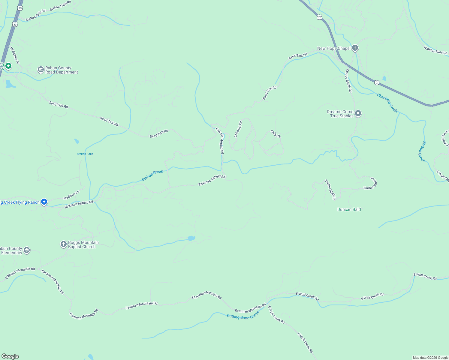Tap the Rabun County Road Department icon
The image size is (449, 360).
click(41, 70)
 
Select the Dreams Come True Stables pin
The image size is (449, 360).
click(358, 113)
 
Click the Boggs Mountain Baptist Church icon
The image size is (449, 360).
click(63, 244)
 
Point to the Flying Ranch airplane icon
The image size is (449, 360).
click(44, 202)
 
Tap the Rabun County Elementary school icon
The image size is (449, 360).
click(27, 250)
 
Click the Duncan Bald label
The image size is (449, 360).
click(349, 209)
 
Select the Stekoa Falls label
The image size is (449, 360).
click(85, 154)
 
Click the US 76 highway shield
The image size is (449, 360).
click(319, 17)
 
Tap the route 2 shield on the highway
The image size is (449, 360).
click(376, 82)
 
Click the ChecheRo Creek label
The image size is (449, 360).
click(387, 103)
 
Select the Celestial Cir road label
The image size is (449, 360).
click(238, 129)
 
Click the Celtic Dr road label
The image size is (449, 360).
click(276, 133)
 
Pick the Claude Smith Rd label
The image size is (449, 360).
click(348, 81)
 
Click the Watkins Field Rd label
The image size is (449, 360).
click(435, 50)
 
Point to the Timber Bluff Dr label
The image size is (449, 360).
click(330, 189)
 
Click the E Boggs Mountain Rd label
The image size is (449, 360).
click(20, 273)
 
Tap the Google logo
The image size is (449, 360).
click(10, 356)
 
